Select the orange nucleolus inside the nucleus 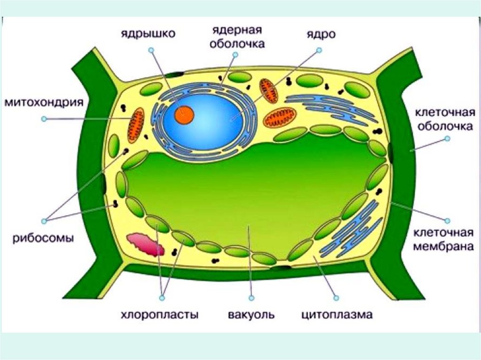(x=184, y=115)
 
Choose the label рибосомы (x=43, y=237)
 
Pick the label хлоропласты (x=159, y=314)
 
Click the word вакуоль (x=251, y=314)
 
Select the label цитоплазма (x=337, y=314)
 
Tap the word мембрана (x=444, y=245)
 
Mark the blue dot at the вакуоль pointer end (x=252, y=298)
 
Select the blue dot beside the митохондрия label (x=44, y=119)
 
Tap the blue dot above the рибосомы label (x=45, y=220)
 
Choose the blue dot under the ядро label (x=319, y=50)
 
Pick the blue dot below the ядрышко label (x=151, y=49)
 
